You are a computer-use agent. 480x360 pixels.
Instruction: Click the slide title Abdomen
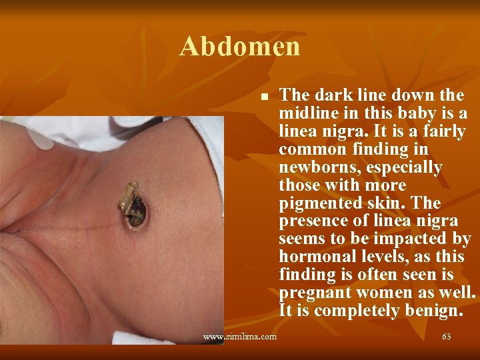click(x=240, y=47)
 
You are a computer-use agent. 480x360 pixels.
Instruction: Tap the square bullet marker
click(x=264, y=97)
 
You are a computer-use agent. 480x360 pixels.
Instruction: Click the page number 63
click(x=446, y=337)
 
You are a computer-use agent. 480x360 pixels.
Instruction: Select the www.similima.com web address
click(x=240, y=337)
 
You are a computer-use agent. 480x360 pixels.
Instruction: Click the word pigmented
click(x=319, y=203)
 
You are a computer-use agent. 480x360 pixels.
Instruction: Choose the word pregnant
click(x=317, y=293)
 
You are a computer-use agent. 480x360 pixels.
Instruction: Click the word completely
click(x=354, y=311)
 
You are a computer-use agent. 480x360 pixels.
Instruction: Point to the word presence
click(x=316, y=221)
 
